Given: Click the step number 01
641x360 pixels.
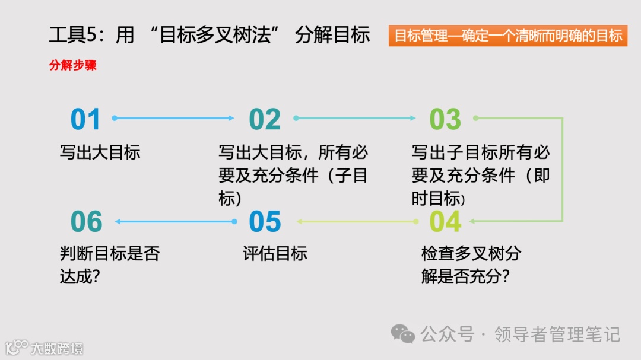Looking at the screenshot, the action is coord(85,119).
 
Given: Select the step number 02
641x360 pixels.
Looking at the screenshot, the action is coord(265,119).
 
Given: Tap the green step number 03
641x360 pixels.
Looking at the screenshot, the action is coord(445,119).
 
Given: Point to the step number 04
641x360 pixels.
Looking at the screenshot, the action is coord(445,222).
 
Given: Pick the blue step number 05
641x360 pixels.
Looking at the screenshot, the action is coord(265,222).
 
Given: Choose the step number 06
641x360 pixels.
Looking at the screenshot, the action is coord(87,222).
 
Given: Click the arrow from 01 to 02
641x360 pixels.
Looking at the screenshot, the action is coord(173,118).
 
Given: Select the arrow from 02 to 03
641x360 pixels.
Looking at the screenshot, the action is coord(355,118).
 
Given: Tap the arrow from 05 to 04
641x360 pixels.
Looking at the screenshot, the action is coord(358,222).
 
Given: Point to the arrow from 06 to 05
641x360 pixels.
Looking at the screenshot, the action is coord(176,222).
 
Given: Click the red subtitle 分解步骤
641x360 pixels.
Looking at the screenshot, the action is coord(72,65).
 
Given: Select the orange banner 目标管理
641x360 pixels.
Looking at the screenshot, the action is coord(508,36).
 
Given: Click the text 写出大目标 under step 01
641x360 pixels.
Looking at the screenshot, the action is coord(100,152).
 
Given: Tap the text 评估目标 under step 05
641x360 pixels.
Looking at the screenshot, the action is coord(275,254).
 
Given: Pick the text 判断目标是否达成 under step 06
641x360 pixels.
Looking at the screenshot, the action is coord(110,265).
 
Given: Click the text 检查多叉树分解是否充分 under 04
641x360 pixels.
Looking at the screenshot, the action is coord(471,265).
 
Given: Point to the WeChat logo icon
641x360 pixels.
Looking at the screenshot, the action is coord(403,334).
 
